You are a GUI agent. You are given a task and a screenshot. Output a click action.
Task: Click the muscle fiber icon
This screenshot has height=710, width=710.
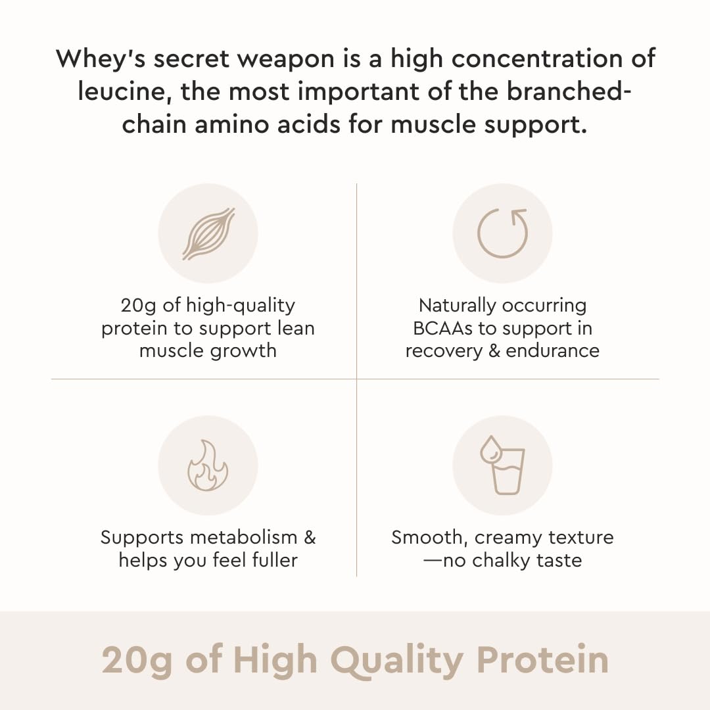point(208,233)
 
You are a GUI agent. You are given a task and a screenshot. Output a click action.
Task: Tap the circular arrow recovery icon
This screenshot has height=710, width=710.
point(502,233)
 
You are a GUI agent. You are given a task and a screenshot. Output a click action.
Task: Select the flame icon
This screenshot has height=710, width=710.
point(208,465)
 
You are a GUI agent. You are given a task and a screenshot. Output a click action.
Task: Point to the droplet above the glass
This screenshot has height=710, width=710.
point(488,450)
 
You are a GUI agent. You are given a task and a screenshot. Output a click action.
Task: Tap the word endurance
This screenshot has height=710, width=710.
point(552,350)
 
